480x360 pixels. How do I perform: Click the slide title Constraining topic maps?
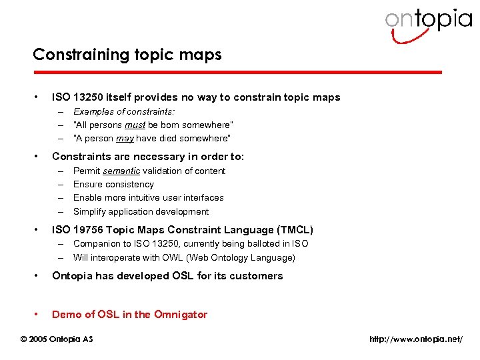tap(127, 55)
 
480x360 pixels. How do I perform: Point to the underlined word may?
tap(125, 139)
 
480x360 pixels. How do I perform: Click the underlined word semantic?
tap(122, 171)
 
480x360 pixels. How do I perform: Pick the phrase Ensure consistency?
tap(113, 185)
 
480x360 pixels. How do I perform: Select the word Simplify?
tap(90, 212)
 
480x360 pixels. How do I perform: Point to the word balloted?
tap(262, 244)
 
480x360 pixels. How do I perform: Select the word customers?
tap(257, 276)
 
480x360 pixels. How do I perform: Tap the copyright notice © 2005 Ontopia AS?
tap(57, 339)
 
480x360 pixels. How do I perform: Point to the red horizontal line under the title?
tap(237, 72)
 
